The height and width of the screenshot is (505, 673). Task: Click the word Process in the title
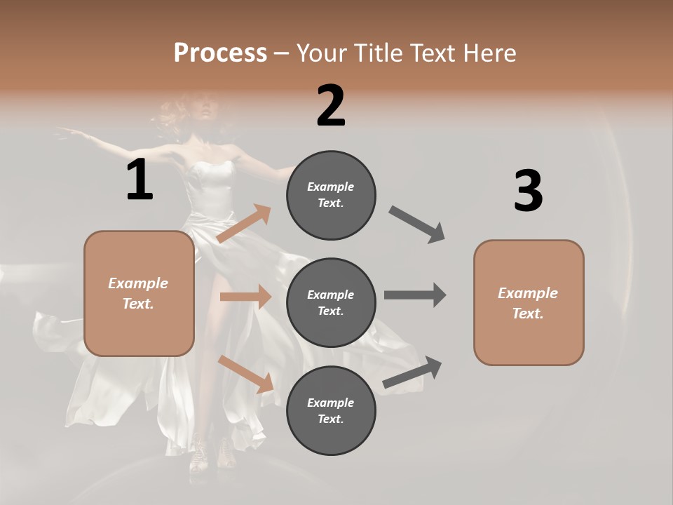[x=220, y=53]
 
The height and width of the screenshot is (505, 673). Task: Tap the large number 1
[x=140, y=180]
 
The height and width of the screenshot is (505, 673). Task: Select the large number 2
[x=331, y=106]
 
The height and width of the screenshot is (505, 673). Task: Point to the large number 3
[x=528, y=191]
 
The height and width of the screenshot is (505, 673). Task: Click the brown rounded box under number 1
[x=139, y=293]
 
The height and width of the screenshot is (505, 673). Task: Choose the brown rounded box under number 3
[x=529, y=302]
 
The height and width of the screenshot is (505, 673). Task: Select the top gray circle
[x=331, y=195]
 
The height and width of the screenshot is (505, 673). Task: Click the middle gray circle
[x=331, y=302]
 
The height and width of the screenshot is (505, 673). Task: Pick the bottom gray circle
[x=331, y=410]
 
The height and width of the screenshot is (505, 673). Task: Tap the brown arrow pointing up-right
[x=244, y=224]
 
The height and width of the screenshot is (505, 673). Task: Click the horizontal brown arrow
[x=245, y=297]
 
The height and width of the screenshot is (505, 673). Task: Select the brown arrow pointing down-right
[x=246, y=374]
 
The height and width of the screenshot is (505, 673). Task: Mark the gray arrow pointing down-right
[x=417, y=224]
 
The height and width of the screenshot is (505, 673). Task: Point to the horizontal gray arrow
[x=415, y=295]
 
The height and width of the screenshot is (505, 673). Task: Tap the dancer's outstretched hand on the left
[x=65, y=130]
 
